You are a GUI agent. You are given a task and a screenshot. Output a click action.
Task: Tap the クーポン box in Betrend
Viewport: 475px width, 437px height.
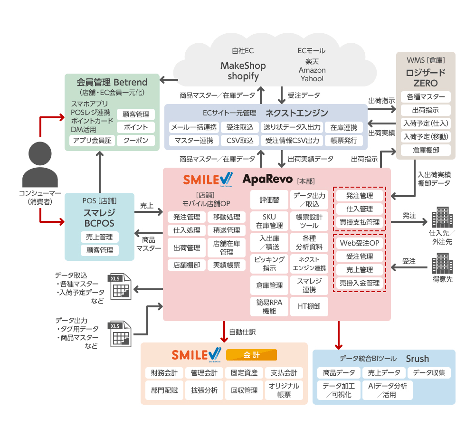(x=136, y=140)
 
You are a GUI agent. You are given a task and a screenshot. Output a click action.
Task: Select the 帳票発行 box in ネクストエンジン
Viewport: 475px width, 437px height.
(x=343, y=140)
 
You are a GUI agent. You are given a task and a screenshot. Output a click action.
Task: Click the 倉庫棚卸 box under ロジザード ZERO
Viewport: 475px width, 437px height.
(x=426, y=150)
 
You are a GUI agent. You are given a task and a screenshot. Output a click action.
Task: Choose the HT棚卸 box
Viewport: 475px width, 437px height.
(x=309, y=306)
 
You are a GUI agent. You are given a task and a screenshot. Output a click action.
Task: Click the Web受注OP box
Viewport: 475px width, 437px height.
(x=360, y=243)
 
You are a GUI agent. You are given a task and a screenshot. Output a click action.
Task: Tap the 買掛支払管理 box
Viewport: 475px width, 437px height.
(x=360, y=222)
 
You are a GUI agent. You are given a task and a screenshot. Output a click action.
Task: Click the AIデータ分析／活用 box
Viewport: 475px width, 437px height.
(x=388, y=390)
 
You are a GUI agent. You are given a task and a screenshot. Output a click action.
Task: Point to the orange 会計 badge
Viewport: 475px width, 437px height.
(x=251, y=355)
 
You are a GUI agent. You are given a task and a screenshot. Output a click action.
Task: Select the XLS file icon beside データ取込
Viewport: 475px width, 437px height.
(x=120, y=287)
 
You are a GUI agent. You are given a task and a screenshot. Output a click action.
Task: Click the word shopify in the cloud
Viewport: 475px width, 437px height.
(x=243, y=76)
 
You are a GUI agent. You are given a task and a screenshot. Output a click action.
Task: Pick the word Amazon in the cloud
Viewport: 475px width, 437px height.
(x=312, y=70)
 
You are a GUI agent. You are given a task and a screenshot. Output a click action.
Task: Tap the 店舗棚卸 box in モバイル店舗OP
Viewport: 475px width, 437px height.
(x=186, y=265)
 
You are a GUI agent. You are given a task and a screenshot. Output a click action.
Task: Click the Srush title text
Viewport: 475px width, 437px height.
(x=417, y=358)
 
